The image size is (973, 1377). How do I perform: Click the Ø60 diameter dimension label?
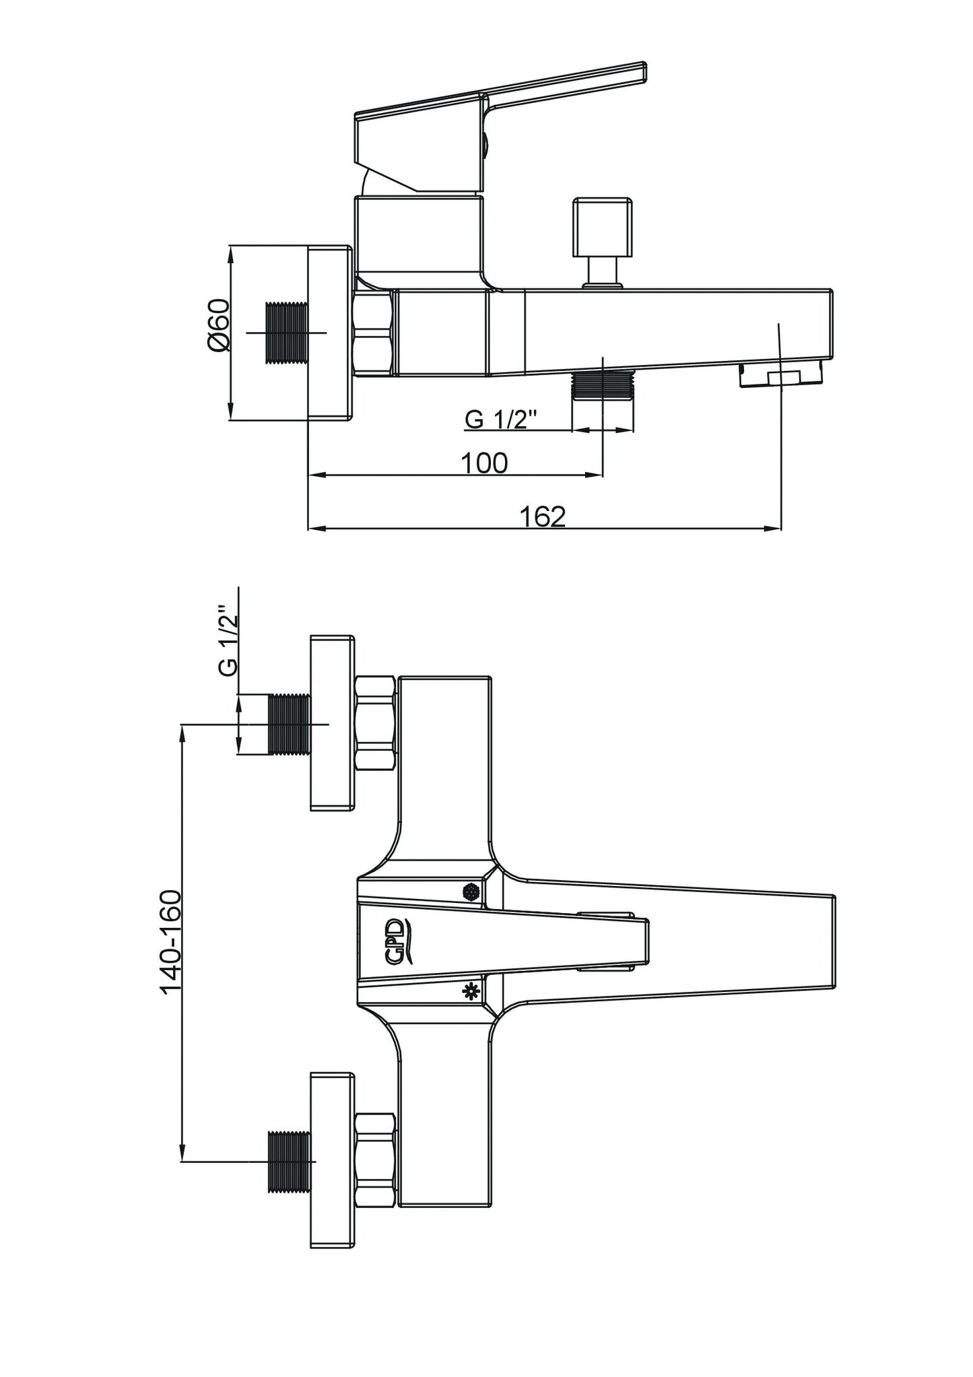(x=220, y=325)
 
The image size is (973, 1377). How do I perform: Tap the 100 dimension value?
(x=483, y=463)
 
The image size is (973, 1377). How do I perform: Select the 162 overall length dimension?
(x=543, y=516)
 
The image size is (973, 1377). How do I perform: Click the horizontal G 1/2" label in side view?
(x=500, y=419)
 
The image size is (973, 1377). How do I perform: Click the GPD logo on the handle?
(x=396, y=941)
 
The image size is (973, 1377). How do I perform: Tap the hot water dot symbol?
(x=471, y=892)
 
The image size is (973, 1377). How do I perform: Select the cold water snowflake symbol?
(x=471, y=991)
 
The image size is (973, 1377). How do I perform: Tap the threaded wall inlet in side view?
(x=287, y=333)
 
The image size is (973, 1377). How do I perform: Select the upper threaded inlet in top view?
(x=290, y=724)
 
